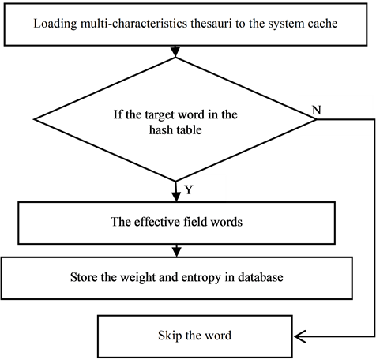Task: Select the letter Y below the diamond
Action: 189,190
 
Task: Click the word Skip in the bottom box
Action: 170,336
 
